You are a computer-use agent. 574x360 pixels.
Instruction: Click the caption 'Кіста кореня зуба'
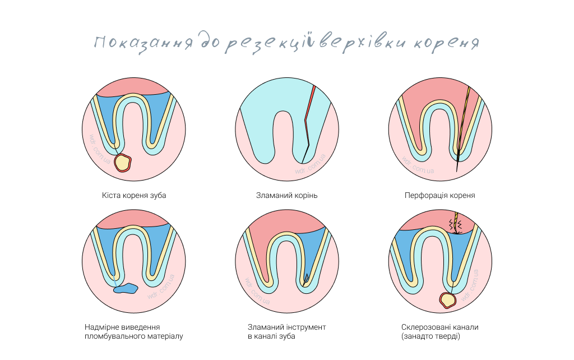(134, 196)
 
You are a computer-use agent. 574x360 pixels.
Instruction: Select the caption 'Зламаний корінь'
(287, 196)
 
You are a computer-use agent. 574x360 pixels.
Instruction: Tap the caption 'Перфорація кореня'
(440, 196)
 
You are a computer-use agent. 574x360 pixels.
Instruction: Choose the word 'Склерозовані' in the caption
(424, 327)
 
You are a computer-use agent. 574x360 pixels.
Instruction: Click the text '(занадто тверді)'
(430, 336)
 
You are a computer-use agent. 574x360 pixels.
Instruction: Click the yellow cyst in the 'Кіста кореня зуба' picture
(122, 163)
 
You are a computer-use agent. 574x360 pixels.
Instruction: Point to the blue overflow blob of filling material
(126, 288)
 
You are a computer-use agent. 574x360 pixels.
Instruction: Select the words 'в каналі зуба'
(271, 336)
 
